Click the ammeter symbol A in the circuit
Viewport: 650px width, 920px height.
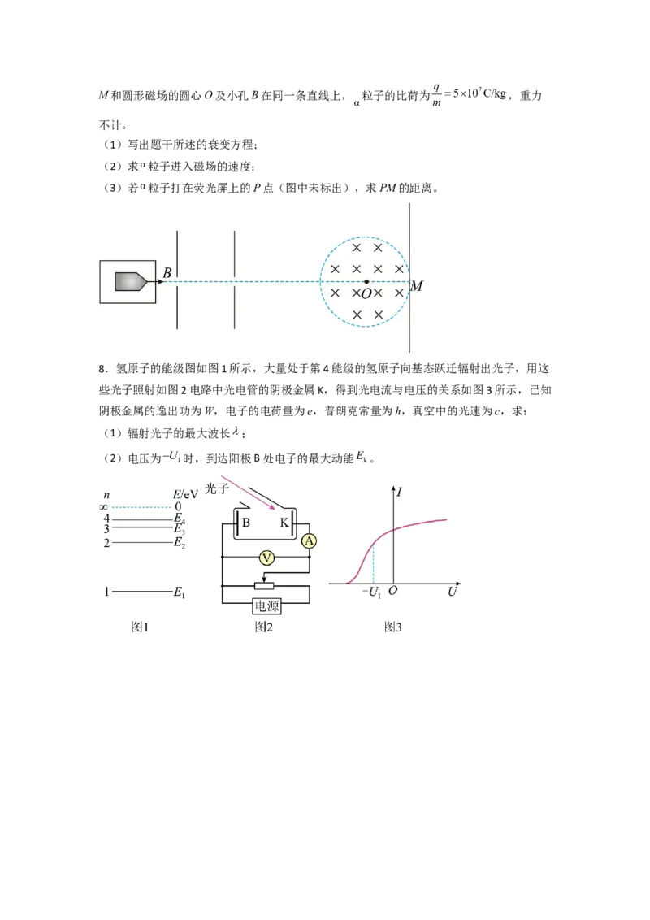tap(310, 541)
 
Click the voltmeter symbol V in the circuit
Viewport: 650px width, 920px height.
tap(267, 557)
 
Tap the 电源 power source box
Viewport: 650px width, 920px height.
tap(266, 605)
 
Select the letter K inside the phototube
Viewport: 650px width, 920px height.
tap(284, 523)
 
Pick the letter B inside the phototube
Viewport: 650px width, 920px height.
tap(246, 523)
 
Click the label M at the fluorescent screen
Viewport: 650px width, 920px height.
tap(417, 286)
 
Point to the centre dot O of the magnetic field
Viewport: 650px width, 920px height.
tap(366, 282)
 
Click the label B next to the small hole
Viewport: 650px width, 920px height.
tap(167, 273)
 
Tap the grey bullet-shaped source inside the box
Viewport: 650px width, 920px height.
tap(130, 282)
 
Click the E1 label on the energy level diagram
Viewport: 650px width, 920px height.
tap(179, 592)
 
